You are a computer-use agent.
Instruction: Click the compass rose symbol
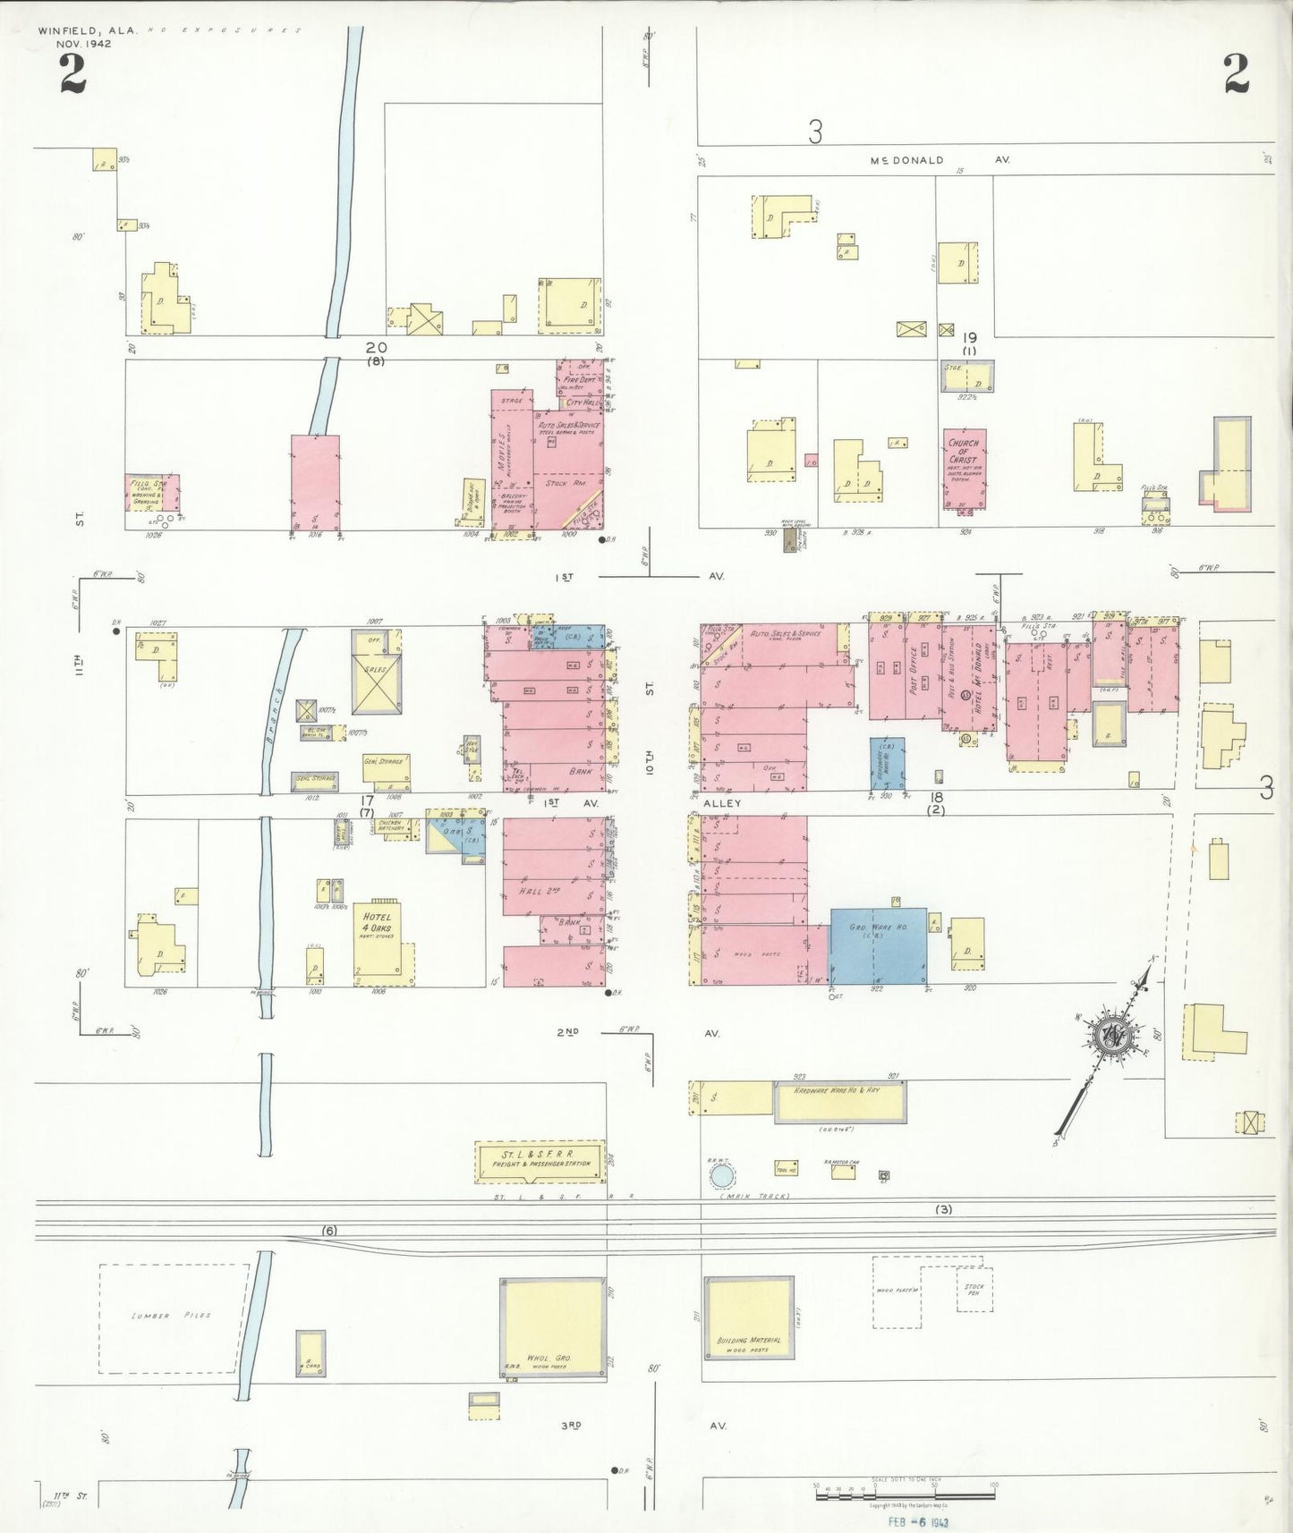1115,1035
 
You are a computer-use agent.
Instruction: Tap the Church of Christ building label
964,453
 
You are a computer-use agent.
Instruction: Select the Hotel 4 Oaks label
377,922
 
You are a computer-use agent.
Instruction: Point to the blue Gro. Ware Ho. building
877,946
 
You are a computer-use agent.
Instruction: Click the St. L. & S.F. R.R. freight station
540,1160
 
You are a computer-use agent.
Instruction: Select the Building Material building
748,1327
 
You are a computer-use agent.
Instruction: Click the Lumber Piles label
171,1316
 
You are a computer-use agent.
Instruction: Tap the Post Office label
914,671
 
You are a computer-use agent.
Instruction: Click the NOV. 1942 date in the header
83,43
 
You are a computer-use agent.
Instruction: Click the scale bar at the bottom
905,1489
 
